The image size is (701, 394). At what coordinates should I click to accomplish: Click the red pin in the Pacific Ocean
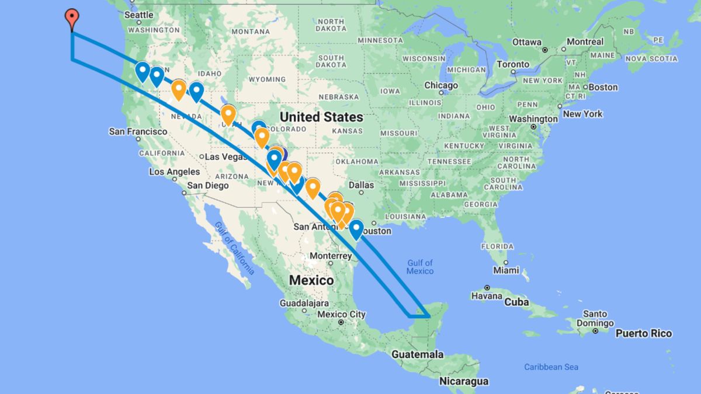click(x=72, y=18)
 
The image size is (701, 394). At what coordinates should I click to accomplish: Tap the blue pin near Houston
click(x=356, y=229)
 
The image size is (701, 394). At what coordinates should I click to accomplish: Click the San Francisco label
click(x=138, y=132)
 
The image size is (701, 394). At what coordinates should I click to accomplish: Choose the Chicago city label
click(x=441, y=86)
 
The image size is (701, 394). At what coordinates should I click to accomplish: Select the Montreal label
click(x=585, y=42)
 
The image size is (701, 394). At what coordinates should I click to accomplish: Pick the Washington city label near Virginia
click(x=533, y=118)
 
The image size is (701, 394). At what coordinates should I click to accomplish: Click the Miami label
click(x=505, y=270)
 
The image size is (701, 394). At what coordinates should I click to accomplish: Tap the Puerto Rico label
click(x=644, y=333)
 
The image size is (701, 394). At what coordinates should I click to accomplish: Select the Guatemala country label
click(x=417, y=354)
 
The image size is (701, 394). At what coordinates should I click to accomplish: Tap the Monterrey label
click(x=331, y=256)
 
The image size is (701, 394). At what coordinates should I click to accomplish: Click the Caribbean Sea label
click(x=551, y=367)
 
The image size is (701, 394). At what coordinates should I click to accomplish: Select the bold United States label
click(x=321, y=117)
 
